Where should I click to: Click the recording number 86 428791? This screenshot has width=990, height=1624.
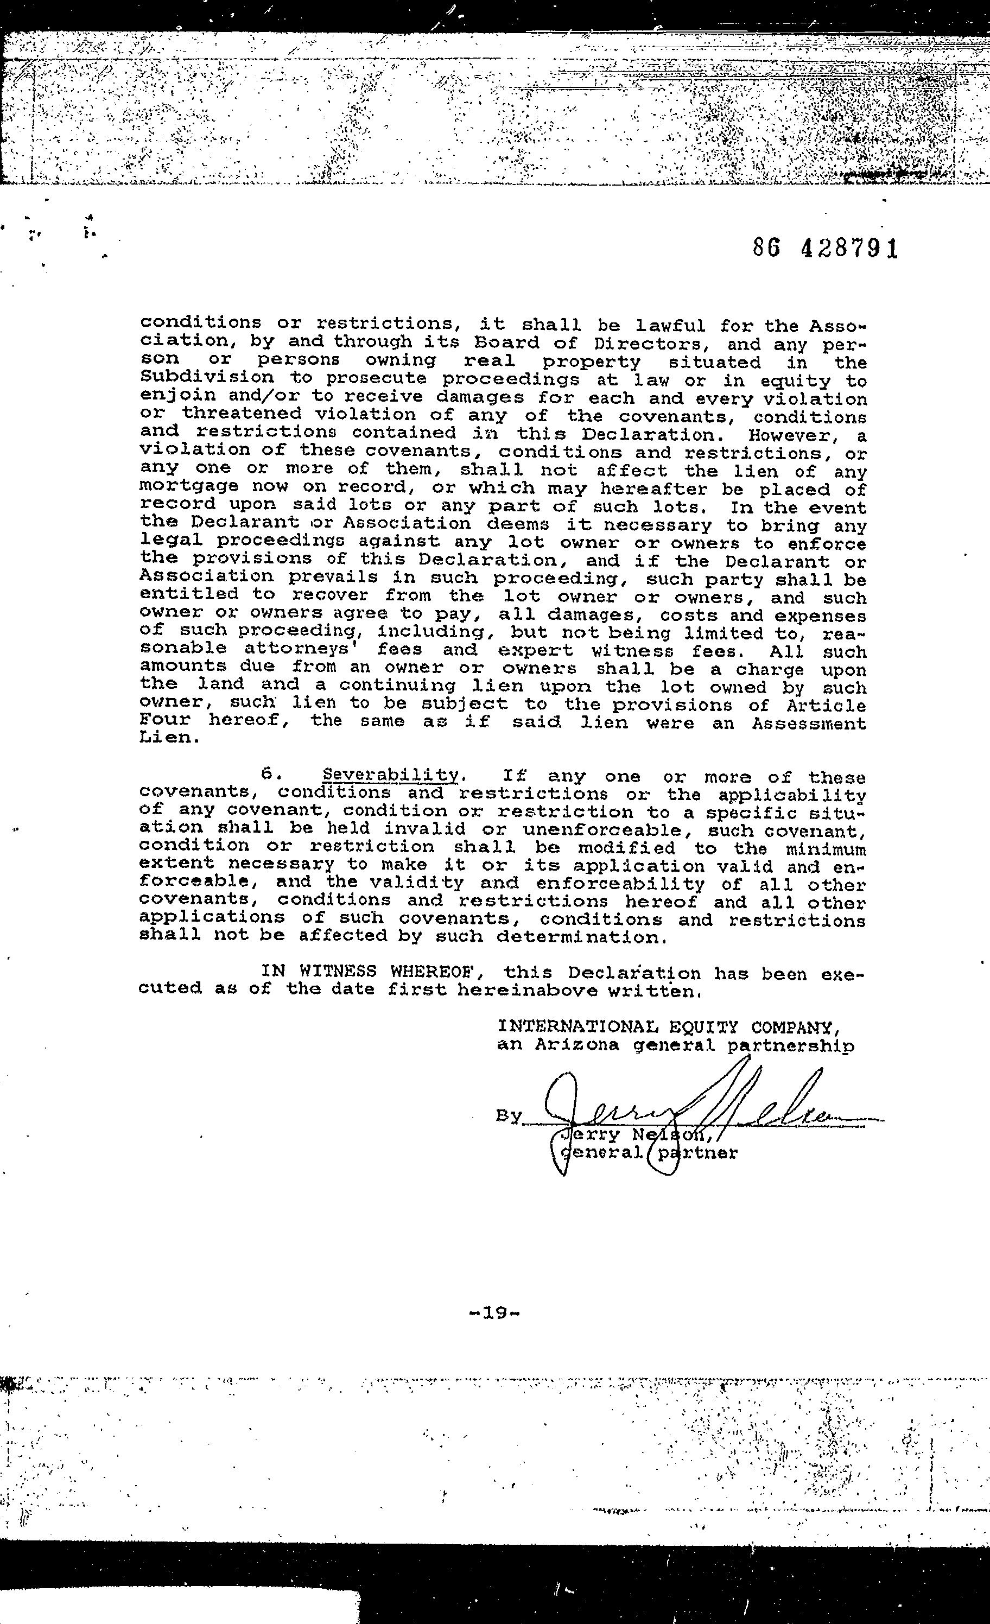(x=825, y=249)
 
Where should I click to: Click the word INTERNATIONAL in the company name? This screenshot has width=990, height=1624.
(x=577, y=1027)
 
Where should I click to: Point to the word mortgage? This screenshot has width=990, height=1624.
(x=189, y=486)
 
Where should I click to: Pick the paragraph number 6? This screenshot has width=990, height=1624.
(x=268, y=775)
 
